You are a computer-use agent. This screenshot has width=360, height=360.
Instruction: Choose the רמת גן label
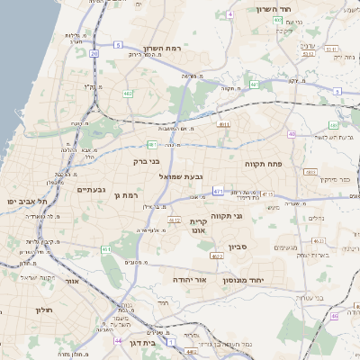131,195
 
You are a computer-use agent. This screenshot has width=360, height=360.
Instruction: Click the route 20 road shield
94,54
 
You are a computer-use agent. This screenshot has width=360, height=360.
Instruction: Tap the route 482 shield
310,170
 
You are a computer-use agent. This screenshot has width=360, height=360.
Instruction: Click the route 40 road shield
292,134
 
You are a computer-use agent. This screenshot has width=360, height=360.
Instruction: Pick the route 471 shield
219,192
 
